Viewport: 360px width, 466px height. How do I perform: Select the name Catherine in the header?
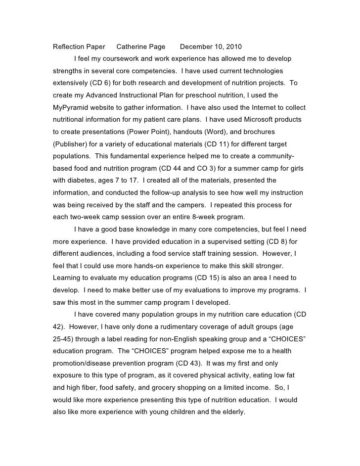(x=131, y=47)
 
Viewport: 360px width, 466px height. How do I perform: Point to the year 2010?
(x=232, y=47)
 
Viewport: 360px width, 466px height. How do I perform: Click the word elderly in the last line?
(x=232, y=411)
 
